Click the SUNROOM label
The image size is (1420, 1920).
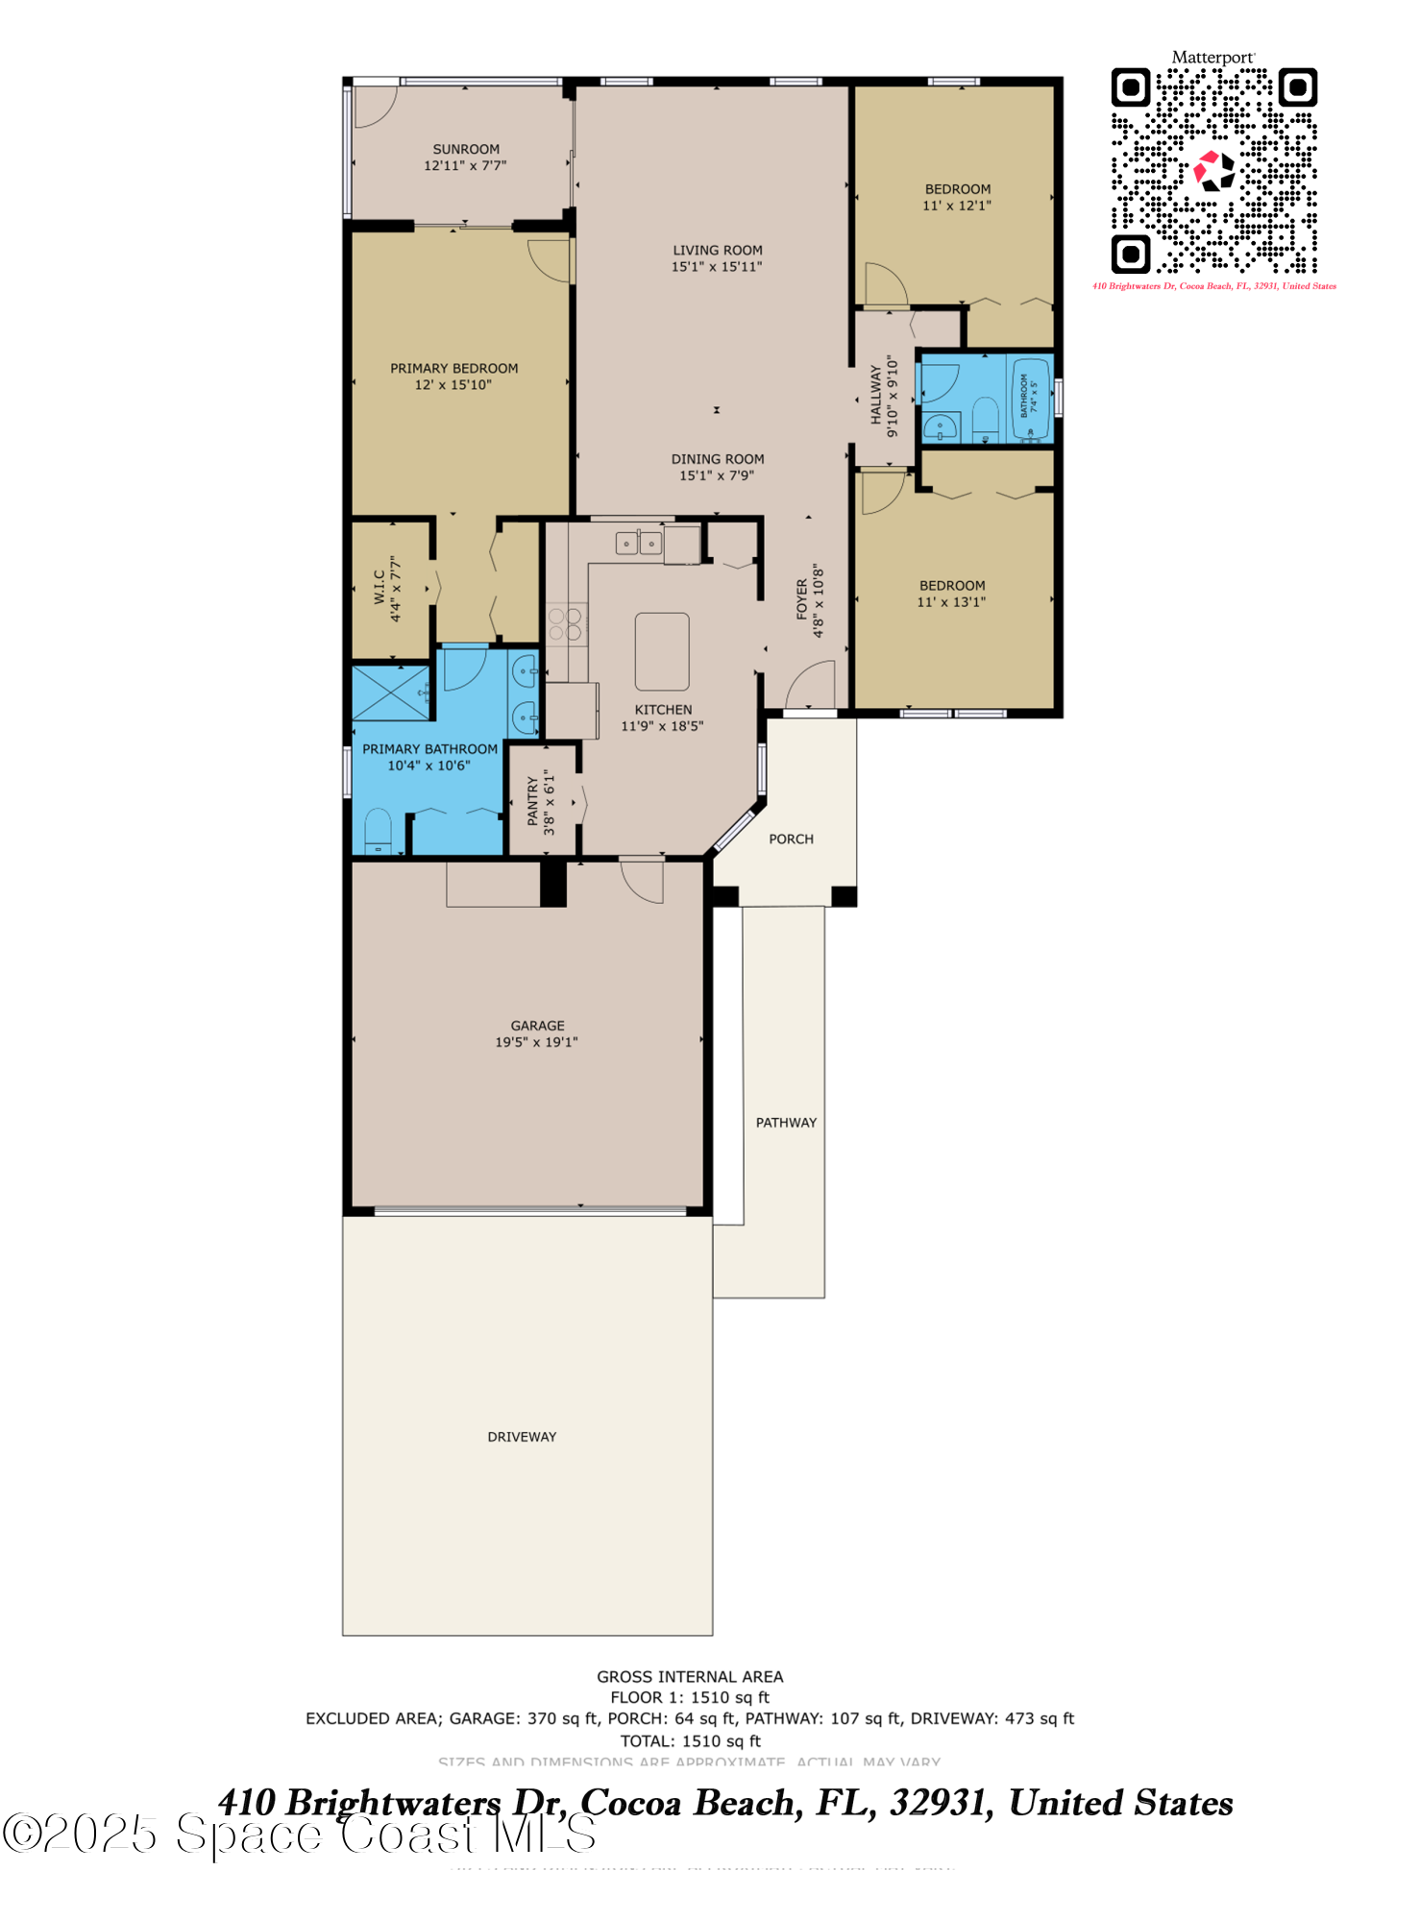pos(466,150)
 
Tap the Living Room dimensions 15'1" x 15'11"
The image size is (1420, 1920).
pos(717,267)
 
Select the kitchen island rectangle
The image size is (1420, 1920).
pos(662,651)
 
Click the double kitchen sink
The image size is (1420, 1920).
pos(639,544)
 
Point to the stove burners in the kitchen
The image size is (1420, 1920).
pos(565,623)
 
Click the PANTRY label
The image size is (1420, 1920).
pos(533,802)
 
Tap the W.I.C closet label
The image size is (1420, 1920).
pos(379,588)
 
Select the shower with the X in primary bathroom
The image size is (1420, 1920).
pos(391,692)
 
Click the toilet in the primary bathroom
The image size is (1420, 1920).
pos(379,832)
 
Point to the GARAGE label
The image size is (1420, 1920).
pos(537,1026)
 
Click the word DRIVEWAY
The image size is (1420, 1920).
pos(522,1437)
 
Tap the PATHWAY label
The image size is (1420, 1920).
pos(786,1123)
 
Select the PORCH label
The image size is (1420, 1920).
pos(791,839)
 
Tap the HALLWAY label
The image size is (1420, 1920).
pos(876,395)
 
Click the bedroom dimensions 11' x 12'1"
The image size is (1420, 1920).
pos(957,206)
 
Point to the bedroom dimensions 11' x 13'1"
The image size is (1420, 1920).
pos(951,602)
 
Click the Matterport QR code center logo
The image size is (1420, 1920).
pos(1213,171)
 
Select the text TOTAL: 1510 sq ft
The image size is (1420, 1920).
pos(690,1741)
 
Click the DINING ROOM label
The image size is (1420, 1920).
pos(718,459)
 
